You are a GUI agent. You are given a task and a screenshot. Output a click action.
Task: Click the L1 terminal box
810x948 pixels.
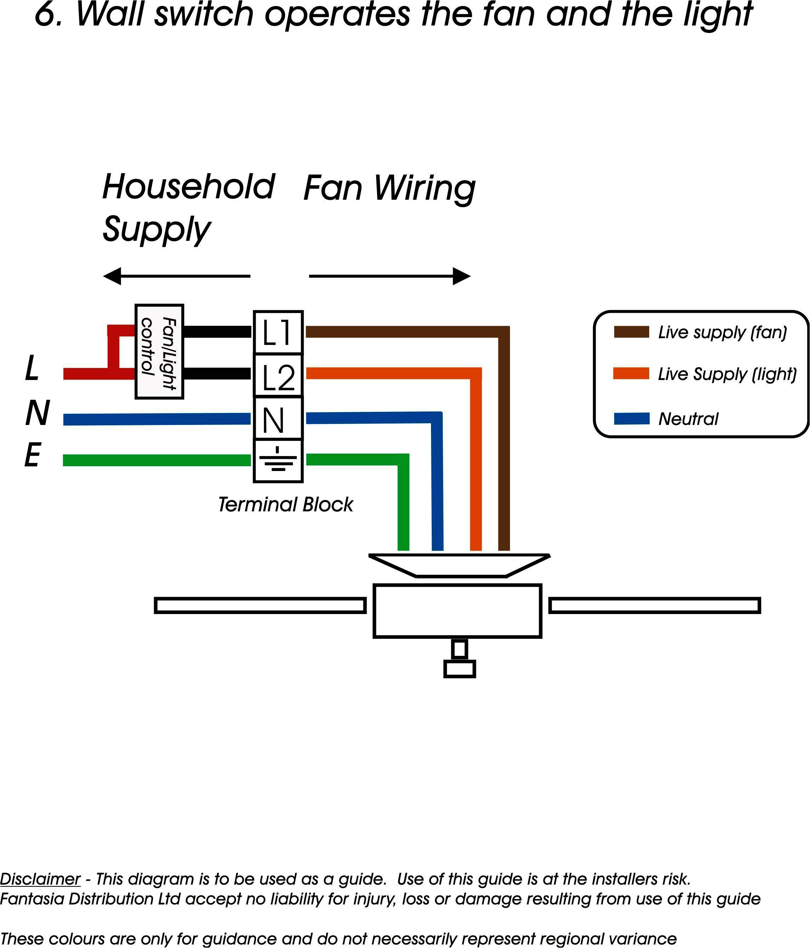(278, 333)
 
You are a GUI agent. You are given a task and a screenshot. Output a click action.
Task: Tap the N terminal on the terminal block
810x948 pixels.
(278, 419)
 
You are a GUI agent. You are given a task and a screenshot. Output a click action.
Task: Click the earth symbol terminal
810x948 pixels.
(278, 461)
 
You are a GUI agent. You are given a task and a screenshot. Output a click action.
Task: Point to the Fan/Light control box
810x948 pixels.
(159, 351)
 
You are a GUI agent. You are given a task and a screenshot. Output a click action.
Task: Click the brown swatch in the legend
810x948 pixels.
(631, 332)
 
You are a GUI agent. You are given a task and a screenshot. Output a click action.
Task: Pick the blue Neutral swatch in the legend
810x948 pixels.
(631, 418)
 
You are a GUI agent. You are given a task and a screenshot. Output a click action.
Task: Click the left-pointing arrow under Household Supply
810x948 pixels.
(176, 276)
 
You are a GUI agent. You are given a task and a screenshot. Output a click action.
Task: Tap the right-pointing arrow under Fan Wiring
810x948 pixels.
(390, 276)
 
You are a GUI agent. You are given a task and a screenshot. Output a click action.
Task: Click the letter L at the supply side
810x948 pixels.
(32, 368)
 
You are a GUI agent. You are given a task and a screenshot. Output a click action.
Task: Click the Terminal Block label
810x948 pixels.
(285, 505)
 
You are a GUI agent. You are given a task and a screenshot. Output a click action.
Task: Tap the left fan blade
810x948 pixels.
(260, 605)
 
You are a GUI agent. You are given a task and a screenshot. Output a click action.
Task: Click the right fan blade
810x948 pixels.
(655, 605)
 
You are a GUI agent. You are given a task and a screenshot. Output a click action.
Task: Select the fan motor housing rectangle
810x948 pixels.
(457, 611)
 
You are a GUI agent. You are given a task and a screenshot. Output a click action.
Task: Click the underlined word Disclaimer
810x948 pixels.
(40, 879)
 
